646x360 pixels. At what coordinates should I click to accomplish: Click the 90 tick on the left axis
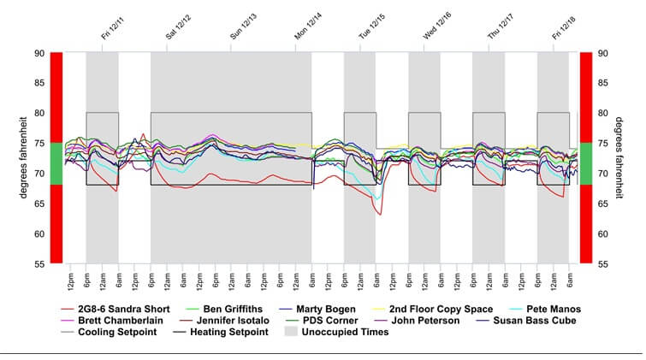(x=39, y=53)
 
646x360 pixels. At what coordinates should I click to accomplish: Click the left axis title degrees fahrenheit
(x=25, y=158)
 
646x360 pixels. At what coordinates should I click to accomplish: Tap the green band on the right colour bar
(x=586, y=163)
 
